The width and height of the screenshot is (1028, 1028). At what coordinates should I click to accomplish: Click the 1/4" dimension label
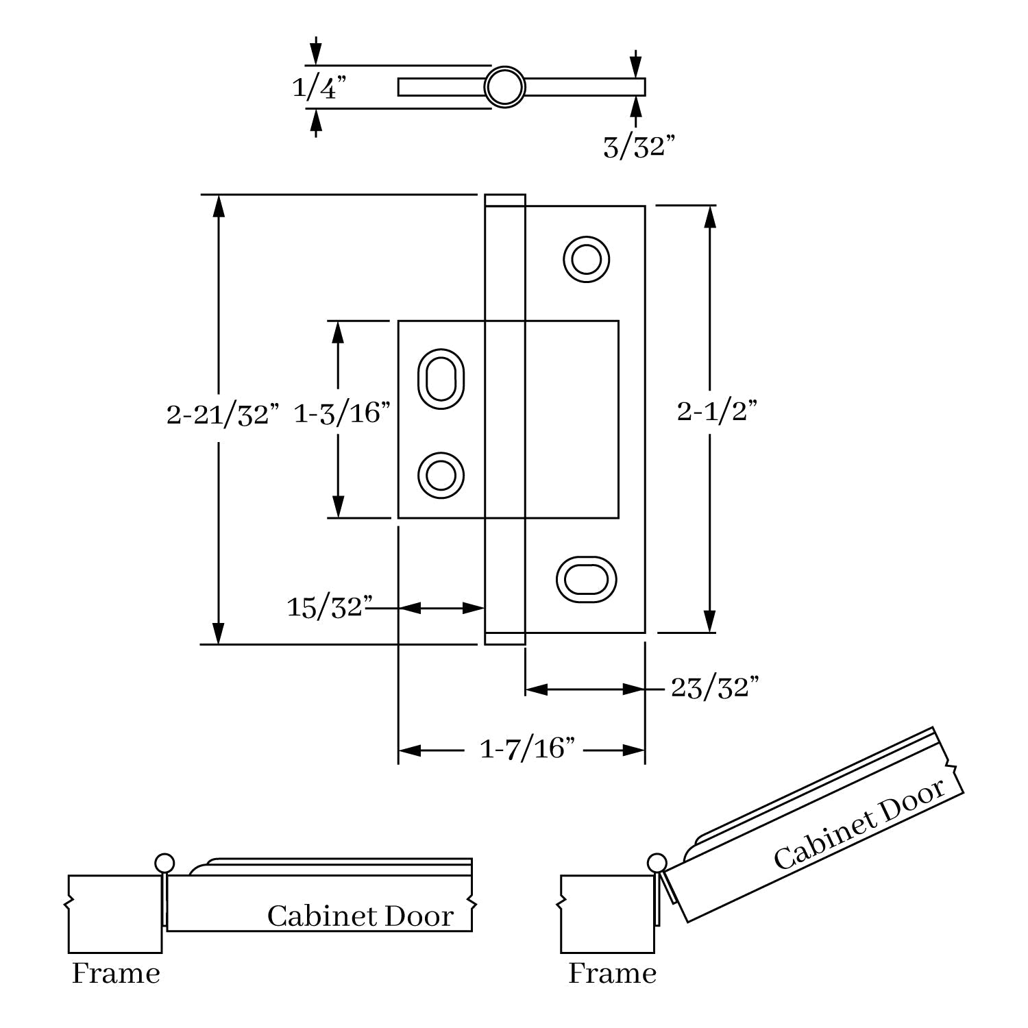pos(319,88)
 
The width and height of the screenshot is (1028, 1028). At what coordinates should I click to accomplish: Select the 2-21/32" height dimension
pos(223,415)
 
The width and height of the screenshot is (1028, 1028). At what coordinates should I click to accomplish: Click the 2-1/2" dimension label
pos(717,411)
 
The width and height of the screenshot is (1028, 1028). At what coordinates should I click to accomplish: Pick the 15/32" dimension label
pos(330,607)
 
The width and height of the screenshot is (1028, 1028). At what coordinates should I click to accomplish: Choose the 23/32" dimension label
pos(715,687)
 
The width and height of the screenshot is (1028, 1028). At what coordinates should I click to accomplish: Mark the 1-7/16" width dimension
pos(526,749)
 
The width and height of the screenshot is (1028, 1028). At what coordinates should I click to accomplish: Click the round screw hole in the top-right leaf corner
pos(587,260)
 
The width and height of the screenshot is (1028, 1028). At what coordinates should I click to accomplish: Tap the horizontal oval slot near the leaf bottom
pos(586,580)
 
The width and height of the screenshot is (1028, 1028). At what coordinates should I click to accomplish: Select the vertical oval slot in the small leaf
pos(441,378)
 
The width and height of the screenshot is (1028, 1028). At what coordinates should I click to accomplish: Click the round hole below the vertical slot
pos(441,474)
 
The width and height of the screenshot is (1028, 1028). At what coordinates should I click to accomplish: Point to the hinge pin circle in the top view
pos(505,87)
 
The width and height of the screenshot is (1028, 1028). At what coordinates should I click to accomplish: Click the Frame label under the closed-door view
pos(116,973)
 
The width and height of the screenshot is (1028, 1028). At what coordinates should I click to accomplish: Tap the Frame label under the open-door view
pos(612,973)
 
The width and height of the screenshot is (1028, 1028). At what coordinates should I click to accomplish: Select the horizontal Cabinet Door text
pos(360,916)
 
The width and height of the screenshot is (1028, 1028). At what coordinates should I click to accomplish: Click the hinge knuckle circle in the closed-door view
pos(164,862)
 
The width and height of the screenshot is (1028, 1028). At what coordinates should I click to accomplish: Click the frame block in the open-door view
pos(607,914)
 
